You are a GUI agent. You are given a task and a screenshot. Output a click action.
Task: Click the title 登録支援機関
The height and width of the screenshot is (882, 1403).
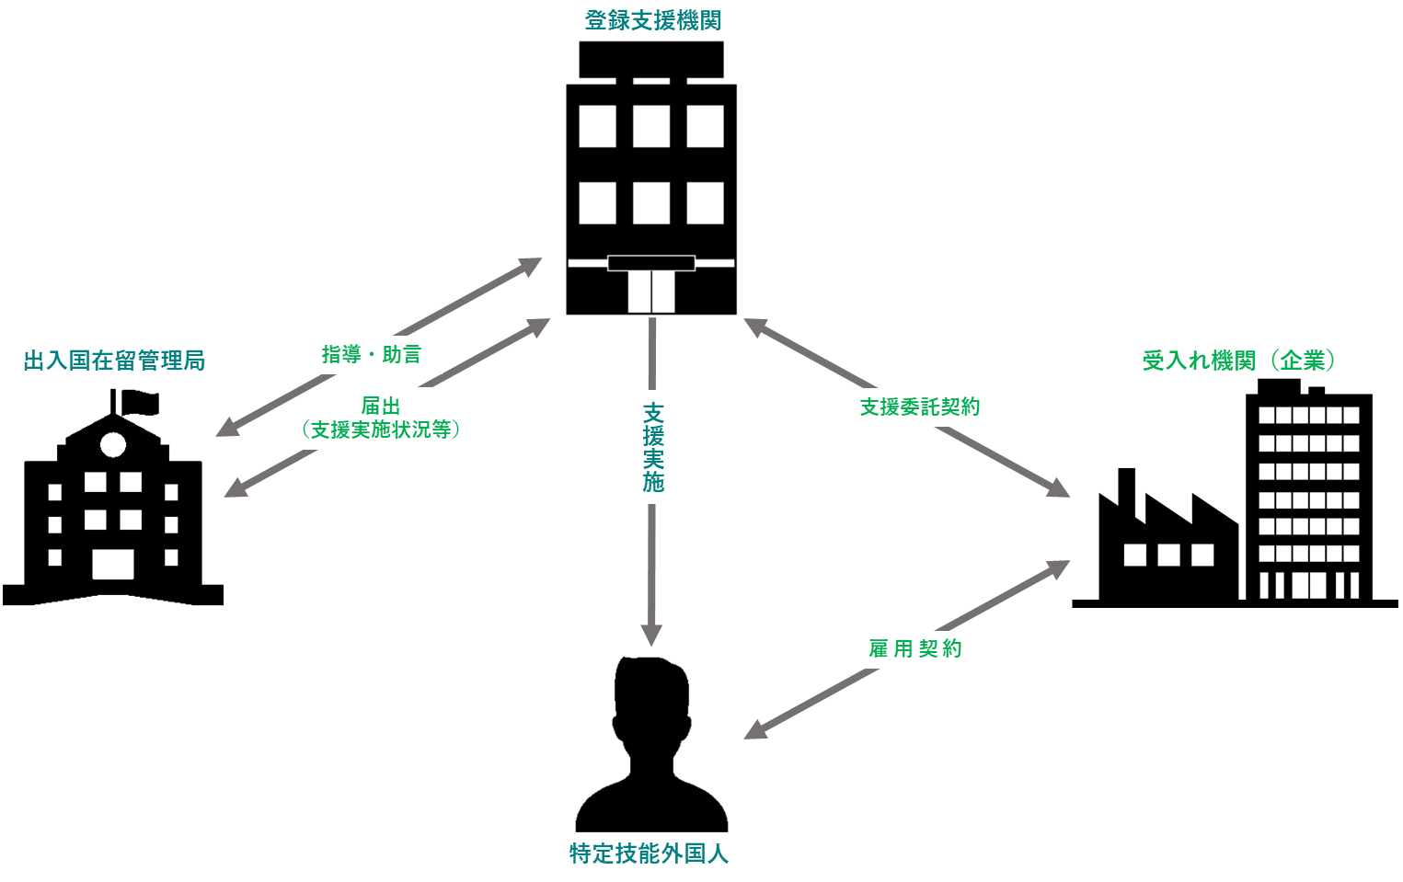[652, 20]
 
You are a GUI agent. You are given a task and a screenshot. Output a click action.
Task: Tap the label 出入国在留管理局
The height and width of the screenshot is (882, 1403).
[114, 361]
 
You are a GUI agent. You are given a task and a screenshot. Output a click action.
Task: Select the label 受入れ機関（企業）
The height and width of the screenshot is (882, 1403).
[1238, 361]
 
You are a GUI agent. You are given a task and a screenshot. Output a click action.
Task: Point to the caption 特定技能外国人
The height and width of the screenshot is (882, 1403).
[649, 854]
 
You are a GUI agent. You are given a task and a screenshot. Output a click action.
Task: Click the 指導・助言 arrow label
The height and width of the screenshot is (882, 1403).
[372, 354]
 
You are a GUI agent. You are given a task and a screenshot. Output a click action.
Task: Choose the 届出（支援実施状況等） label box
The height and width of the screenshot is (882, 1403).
[381, 418]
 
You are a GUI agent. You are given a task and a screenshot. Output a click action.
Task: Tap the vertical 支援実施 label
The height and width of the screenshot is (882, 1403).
[652, 447]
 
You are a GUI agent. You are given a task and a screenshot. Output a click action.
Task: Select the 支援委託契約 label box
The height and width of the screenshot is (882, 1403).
[920, 407]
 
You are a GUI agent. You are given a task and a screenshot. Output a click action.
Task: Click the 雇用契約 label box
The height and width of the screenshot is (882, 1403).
[915, 649]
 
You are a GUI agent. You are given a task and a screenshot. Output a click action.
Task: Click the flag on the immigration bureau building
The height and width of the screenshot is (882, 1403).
[138, 402]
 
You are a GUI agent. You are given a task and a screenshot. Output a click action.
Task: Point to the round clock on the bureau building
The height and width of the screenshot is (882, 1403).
[113, 445]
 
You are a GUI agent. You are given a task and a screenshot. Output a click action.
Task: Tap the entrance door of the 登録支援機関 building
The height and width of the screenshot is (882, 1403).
[651, 291]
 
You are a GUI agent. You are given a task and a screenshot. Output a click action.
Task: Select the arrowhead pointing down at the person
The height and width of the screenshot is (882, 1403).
[651, 636]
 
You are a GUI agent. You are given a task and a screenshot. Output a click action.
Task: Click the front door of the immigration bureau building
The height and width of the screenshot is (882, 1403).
[113, 565]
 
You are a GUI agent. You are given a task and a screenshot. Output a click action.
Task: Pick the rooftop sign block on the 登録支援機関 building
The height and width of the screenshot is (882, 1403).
[651, 60]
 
